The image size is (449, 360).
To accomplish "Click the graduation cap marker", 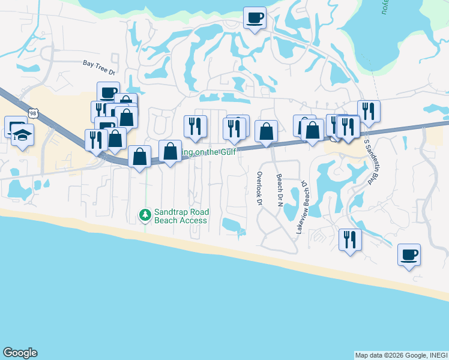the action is click(x=22, y=136).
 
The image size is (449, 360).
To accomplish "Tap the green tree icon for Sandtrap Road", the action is click(x=145, y=214).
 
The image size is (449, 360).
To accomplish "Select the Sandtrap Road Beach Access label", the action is click(x=181, y=216).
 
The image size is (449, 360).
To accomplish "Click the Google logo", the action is click(x=20, y=353).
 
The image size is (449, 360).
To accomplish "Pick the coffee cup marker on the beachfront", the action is click(x=409, y=255).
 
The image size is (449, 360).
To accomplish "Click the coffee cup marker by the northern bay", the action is click(x=255, y=17).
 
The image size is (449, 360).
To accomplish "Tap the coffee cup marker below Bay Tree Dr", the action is click(x=108, y=92).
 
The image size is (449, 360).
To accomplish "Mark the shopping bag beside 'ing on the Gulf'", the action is click(x=170, y=151).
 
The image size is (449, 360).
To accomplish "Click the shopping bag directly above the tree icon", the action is click(x=140, y=157).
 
